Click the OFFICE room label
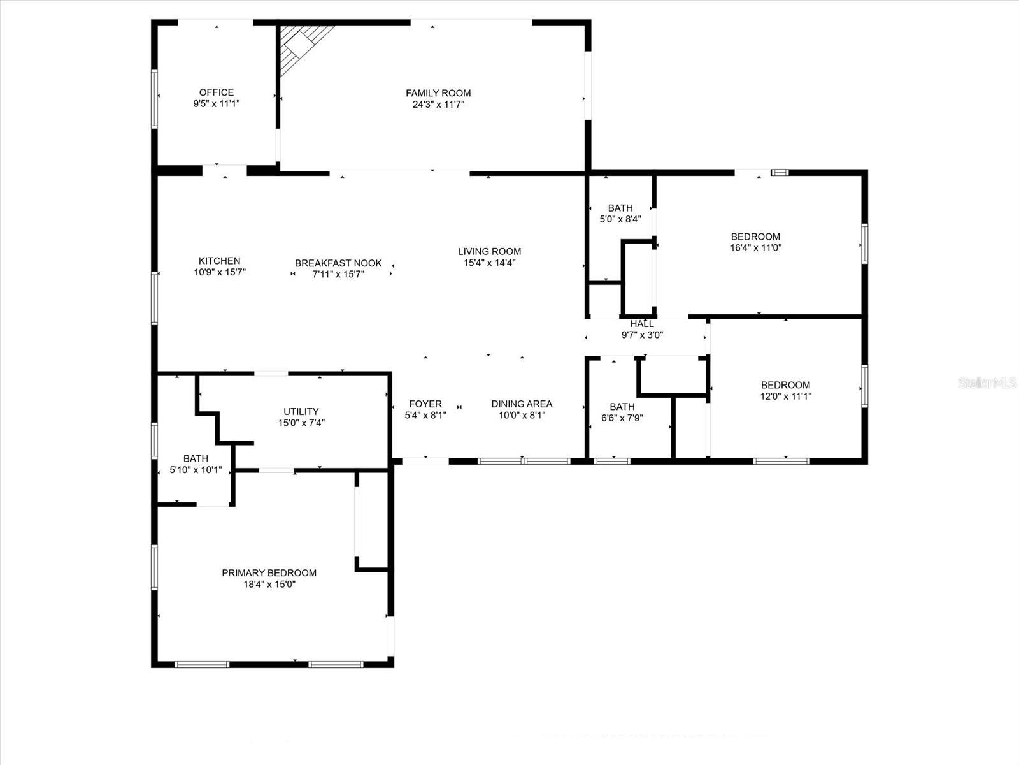click(x=217, y=92)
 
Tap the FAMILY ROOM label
click(x=438, y=93)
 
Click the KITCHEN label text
click(x=220, y=261)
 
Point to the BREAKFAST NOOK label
click(x=338, y=263)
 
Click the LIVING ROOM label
click(x=489, y=251)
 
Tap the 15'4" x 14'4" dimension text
click(x=489, y=262)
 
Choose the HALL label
click(x=642, y=324)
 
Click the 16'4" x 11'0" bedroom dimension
click(x=755, y=247)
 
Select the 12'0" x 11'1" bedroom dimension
click(x=786, y=396)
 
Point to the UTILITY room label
click(x=301, y=412)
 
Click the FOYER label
click(x=425, y=404)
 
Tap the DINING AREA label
click(x=522, y=404)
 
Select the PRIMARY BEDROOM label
click(x=269, y=573)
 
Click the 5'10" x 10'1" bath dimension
click(x=196, y=470)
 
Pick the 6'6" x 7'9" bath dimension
click(x=622, y=418)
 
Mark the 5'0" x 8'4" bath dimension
click(x=620, y=219)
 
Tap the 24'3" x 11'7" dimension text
click(x=438, y=104)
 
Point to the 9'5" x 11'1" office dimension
click(x=217, y=103)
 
